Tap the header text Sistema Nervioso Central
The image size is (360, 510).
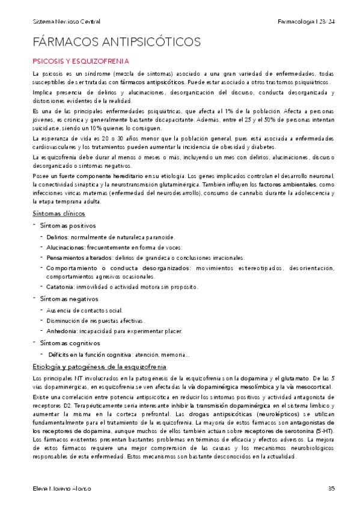pos(66,22)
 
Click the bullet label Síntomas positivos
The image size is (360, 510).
pos(67,225)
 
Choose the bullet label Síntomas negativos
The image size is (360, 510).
pos(67,299)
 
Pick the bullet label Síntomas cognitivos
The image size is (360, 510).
pos(67,343)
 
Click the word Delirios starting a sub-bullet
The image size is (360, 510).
pos(58,237)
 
